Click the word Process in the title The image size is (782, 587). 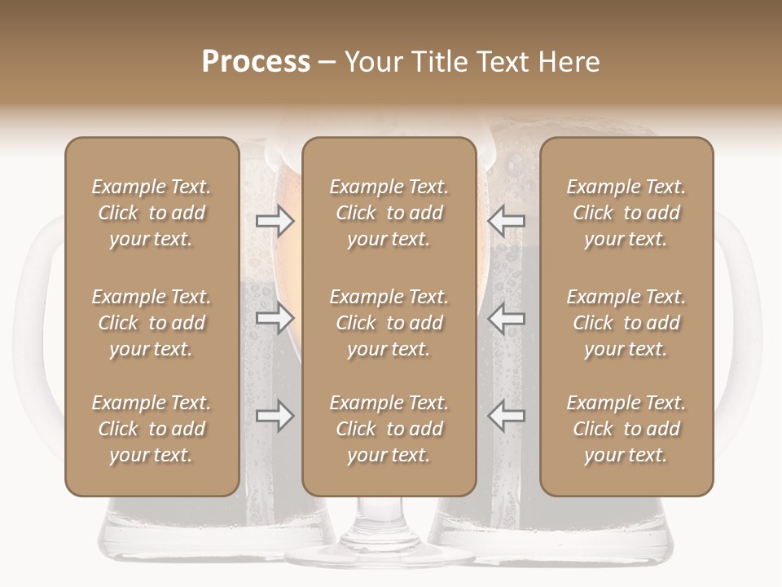pyautogui.click(x=256, y=62)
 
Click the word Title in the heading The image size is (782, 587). pyautogui.click(x=440, y=62)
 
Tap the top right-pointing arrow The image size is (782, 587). pyautogui.click(x=275, y=221)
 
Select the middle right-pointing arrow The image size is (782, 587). pyautogui.click(x=275, y=318)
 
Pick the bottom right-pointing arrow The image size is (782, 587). pyautogui.click(x=275, y=416)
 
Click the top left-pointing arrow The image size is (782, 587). pyautogui.click(x=506, y=221)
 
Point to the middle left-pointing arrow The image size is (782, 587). pyautogui.click(x=506, y=318)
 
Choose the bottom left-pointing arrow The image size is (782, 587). pyautogui.click(x=506, y=416)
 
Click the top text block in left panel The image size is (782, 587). pyautogui.click(x=152, y=213)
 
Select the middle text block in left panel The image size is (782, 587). pyautogui.click(x=152, y=323)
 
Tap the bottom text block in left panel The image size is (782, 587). pyautogui.click(x=152, y=429)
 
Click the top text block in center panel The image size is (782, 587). pyautogui.click(x=389, y=213)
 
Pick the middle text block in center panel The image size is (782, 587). pyautogui.click(x=389, y=323)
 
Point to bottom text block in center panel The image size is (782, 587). pyautogui.click(x=389, y=429)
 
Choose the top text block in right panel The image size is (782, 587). pyautogui.click(x=626, y=213)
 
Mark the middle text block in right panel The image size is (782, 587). pyautogui.click(x=626, y=323)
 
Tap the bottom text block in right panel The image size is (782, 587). pyautogui.click(x=626, y=429)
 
